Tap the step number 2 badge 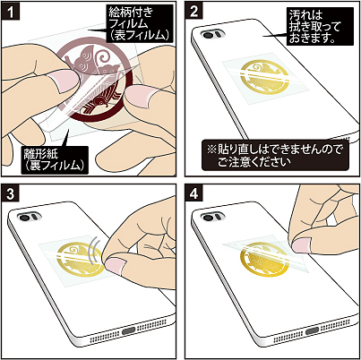coord(194,11)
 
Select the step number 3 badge coord(11,193)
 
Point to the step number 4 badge coord(194,193)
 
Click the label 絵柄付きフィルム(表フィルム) coord(140,23)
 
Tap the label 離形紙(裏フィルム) coord(55,160)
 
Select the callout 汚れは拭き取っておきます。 coord(320,27)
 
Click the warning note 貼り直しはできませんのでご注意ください coord(275,155)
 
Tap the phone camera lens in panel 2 coord(208,35)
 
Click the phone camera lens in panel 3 coord(24,218)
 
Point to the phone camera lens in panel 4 coord(208,217)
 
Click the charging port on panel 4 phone coord(313,330)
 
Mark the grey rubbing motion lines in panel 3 coord(95,249)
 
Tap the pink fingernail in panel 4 coord(302,244)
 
